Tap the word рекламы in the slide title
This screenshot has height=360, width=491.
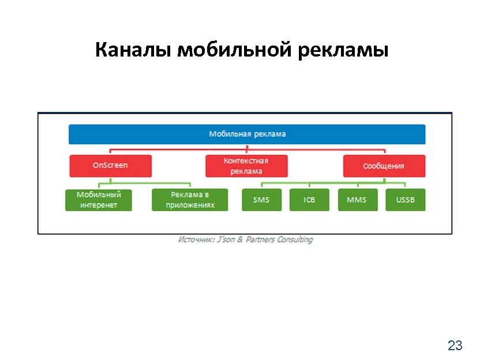[344, 51]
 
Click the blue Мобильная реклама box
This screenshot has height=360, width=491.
[247, 134]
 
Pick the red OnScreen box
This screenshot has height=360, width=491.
[111, 166]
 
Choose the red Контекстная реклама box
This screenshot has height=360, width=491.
[246, 166]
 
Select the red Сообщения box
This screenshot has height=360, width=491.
[384, 166]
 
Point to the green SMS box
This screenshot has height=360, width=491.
[261, 200]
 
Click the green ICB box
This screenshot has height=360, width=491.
[309, 200]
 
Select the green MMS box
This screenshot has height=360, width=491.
[357, 200]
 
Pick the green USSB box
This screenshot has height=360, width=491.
[406, 200]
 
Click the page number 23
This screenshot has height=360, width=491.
[455, 346]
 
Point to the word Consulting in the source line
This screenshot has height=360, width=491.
[293, 239]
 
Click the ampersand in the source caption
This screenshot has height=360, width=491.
[239, 239]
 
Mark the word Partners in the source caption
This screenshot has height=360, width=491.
[258, 239]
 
